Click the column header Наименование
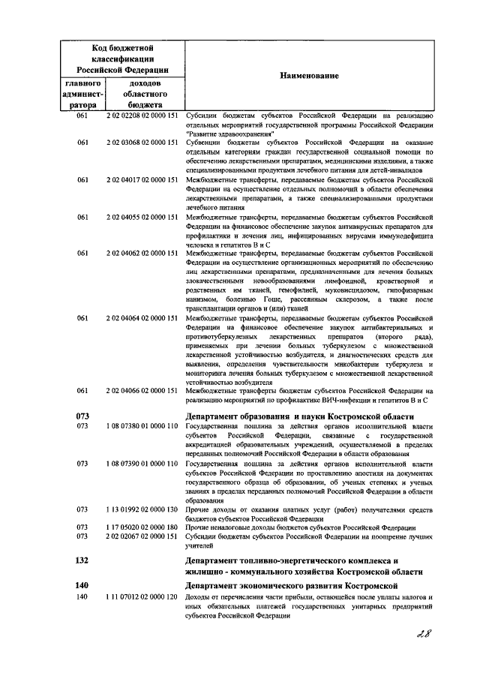(x=309, y=77)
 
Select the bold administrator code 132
(x=83, y=560)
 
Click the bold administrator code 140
(x=83, y=584)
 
